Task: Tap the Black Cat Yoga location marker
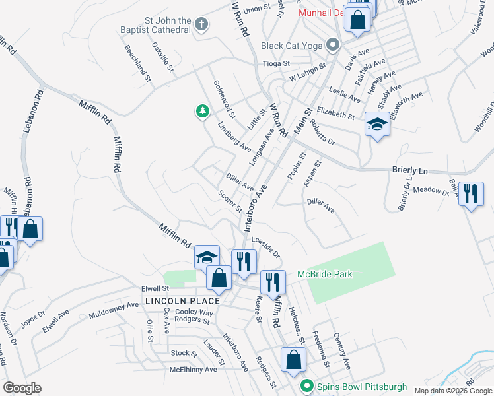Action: [x=334, y=46]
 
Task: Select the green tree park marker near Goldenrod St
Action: [x=203, y=112]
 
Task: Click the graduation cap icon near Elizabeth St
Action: [x=376, y=123]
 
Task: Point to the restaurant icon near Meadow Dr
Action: [x=470, y=194]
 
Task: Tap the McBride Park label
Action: [x=343, y=274]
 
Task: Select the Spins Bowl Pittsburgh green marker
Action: [x=306, y=385]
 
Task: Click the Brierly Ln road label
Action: [x=410, y=170]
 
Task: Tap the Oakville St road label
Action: [x=163, y=57]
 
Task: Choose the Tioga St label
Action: [x=277, y=63]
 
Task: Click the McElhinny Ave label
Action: [x=193, y=370]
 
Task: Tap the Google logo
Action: [x=22, y=388]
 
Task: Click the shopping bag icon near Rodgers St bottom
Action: [x=293, y=360]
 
